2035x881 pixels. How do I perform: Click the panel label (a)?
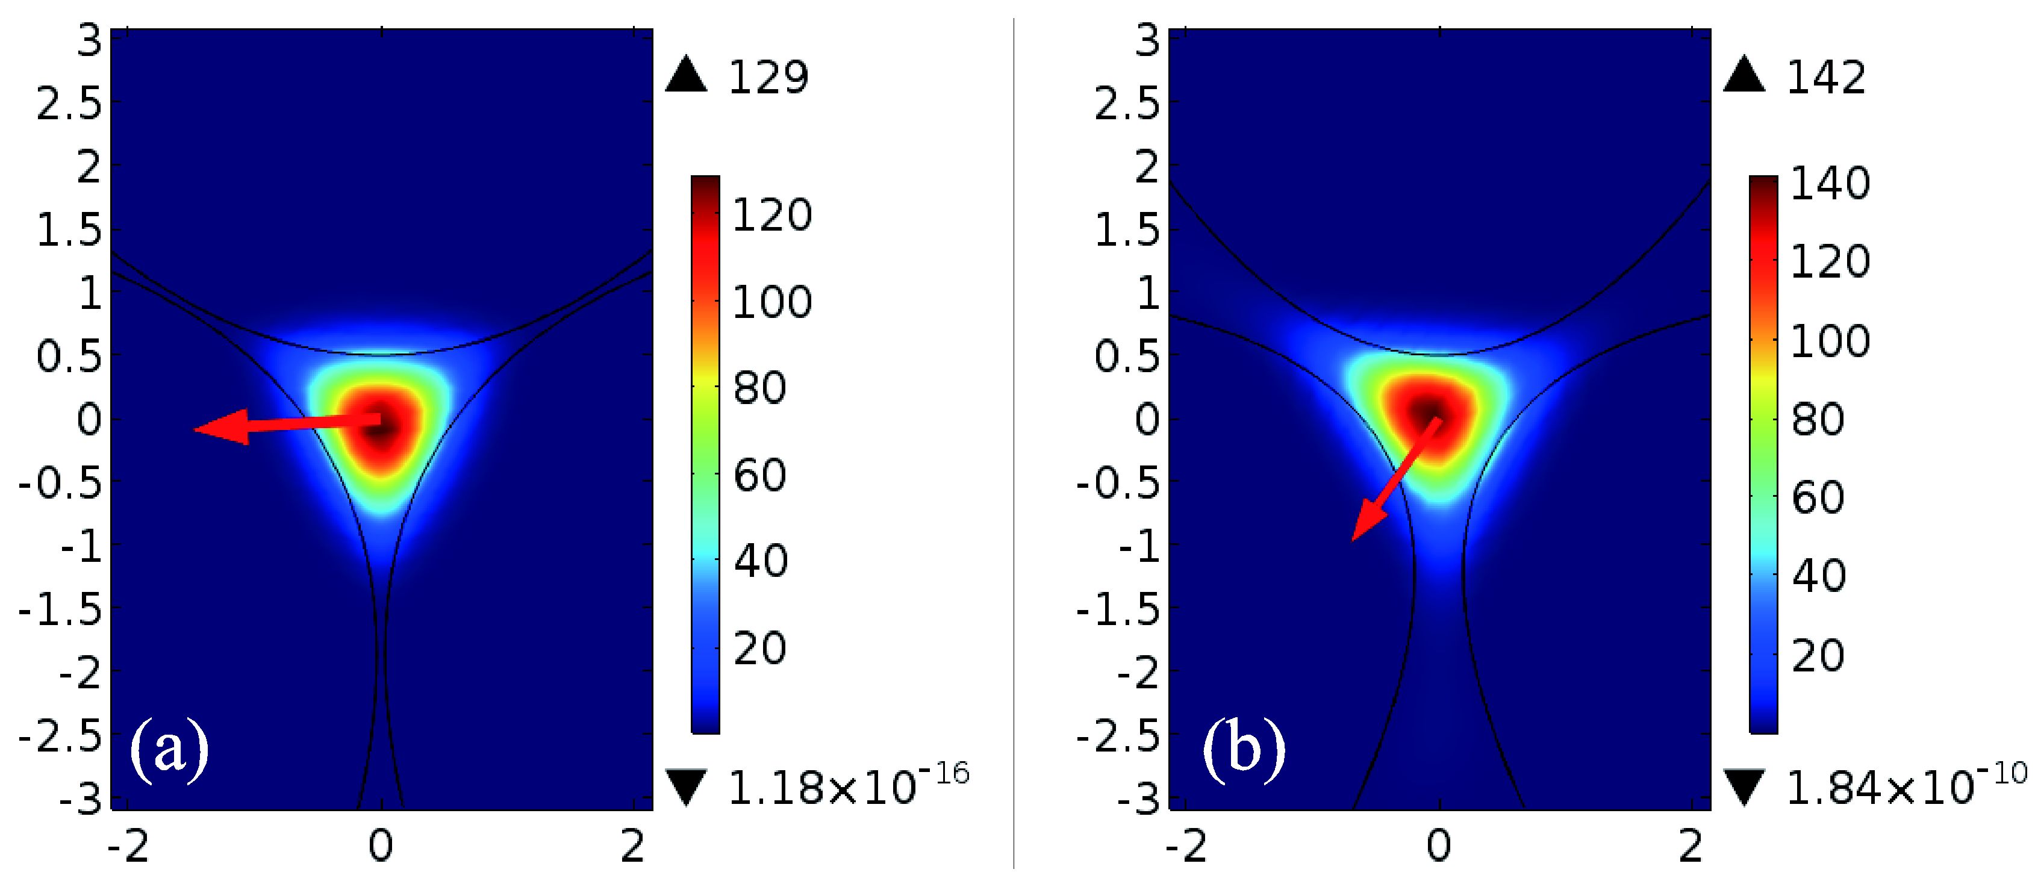click(x=169, y=749)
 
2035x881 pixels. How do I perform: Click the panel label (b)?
click(x=1244, y=749)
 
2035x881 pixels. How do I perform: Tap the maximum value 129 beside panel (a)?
click(x=768, y=78)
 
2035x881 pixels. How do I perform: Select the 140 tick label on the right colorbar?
click(x=1830, y=183)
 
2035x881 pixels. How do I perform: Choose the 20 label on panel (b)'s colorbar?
click(x=1818, y=655)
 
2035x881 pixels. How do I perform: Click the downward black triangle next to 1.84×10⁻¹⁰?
click(x=1744, y=787)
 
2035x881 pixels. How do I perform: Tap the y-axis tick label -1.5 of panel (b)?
click(x=1118, y=610)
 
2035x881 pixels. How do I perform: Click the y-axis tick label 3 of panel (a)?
click(x=89, y=40)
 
